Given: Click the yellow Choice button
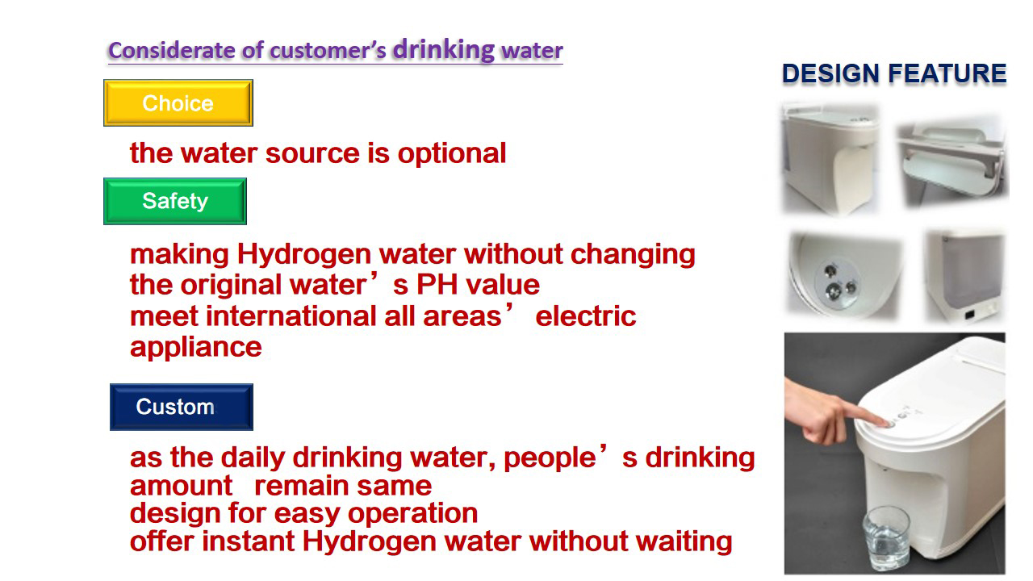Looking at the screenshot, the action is click(178, 102).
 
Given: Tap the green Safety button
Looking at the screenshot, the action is click(175, 201).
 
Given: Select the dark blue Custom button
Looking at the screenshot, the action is click(182, 407).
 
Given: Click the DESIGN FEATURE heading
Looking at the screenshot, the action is click(894, 73).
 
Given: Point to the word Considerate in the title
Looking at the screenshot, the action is click(172, 50).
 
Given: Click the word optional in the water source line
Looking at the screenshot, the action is click(452, 153).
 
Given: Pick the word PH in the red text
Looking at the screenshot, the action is click(438, 285).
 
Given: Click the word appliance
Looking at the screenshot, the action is click(196, 349).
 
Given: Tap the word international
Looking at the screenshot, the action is click(291, 316).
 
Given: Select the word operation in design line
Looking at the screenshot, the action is click(412, 514).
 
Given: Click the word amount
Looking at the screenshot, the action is click(182, 487).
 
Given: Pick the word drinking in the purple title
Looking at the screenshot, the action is click(444, 50).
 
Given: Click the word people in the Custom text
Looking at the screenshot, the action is click(550, 460).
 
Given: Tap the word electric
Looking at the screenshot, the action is click(586, 316).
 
